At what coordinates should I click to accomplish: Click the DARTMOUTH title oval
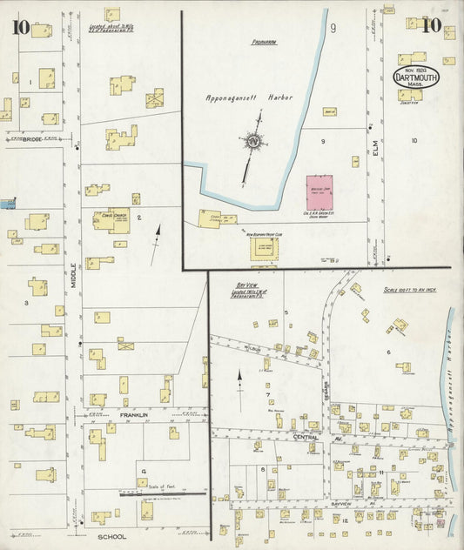421,78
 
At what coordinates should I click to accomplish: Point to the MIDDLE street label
75,279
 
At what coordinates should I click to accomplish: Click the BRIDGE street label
32,138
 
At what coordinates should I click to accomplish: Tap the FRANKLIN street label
135,417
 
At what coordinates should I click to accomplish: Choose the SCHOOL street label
112,537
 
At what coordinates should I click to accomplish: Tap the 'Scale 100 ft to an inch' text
408,289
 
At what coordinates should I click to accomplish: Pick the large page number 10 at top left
20,27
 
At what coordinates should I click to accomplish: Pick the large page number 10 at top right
429,24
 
